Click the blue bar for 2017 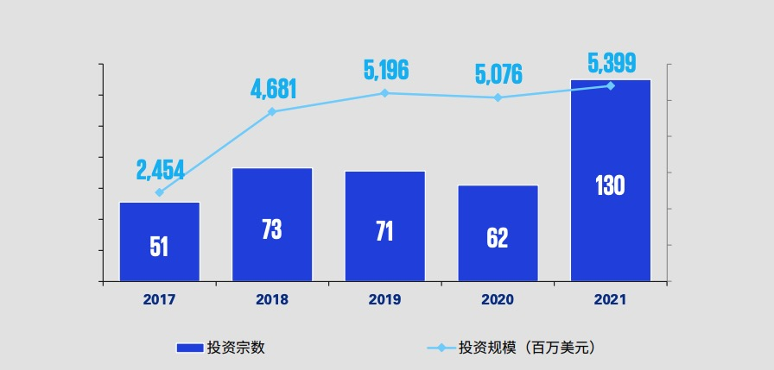pyautogui.click(x=159, y=241)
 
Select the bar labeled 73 pyautogui.click(x=272, y=224)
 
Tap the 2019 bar pyautogui.click(x=384, y=226)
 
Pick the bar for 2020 pyautogui.click(x=498, y=233)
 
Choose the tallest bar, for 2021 pyautogui.click(x=611, y=180)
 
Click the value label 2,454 pyautogui.click(x=160, y=170)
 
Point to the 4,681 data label pyautogui.click(x=274, y=89)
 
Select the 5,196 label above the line pyautogui.click(x=385, y=70)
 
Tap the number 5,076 pyautogui.click(x=498, y=74)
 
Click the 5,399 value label pyautogui.click(x=612, y=63)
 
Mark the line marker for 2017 pyautogui.click(x=159, y=192)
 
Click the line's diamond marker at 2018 pyautogui.click(x=272, y=111)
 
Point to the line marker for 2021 pyautogui.click(x=611, y=85)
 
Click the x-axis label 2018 pyautogui.click(x=272, y=300)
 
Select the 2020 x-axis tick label pyautogui.click(x=498, y=300)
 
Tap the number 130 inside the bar pyautogui.click(x=611, y=185)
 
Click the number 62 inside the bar pyautogui.click(x=498, y=238)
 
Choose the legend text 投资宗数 pyautogui.click(x=236, y=348)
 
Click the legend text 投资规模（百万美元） pyautogui.click(x=527, y=348)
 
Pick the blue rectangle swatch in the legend pyautogui.click(x=188, y=348)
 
